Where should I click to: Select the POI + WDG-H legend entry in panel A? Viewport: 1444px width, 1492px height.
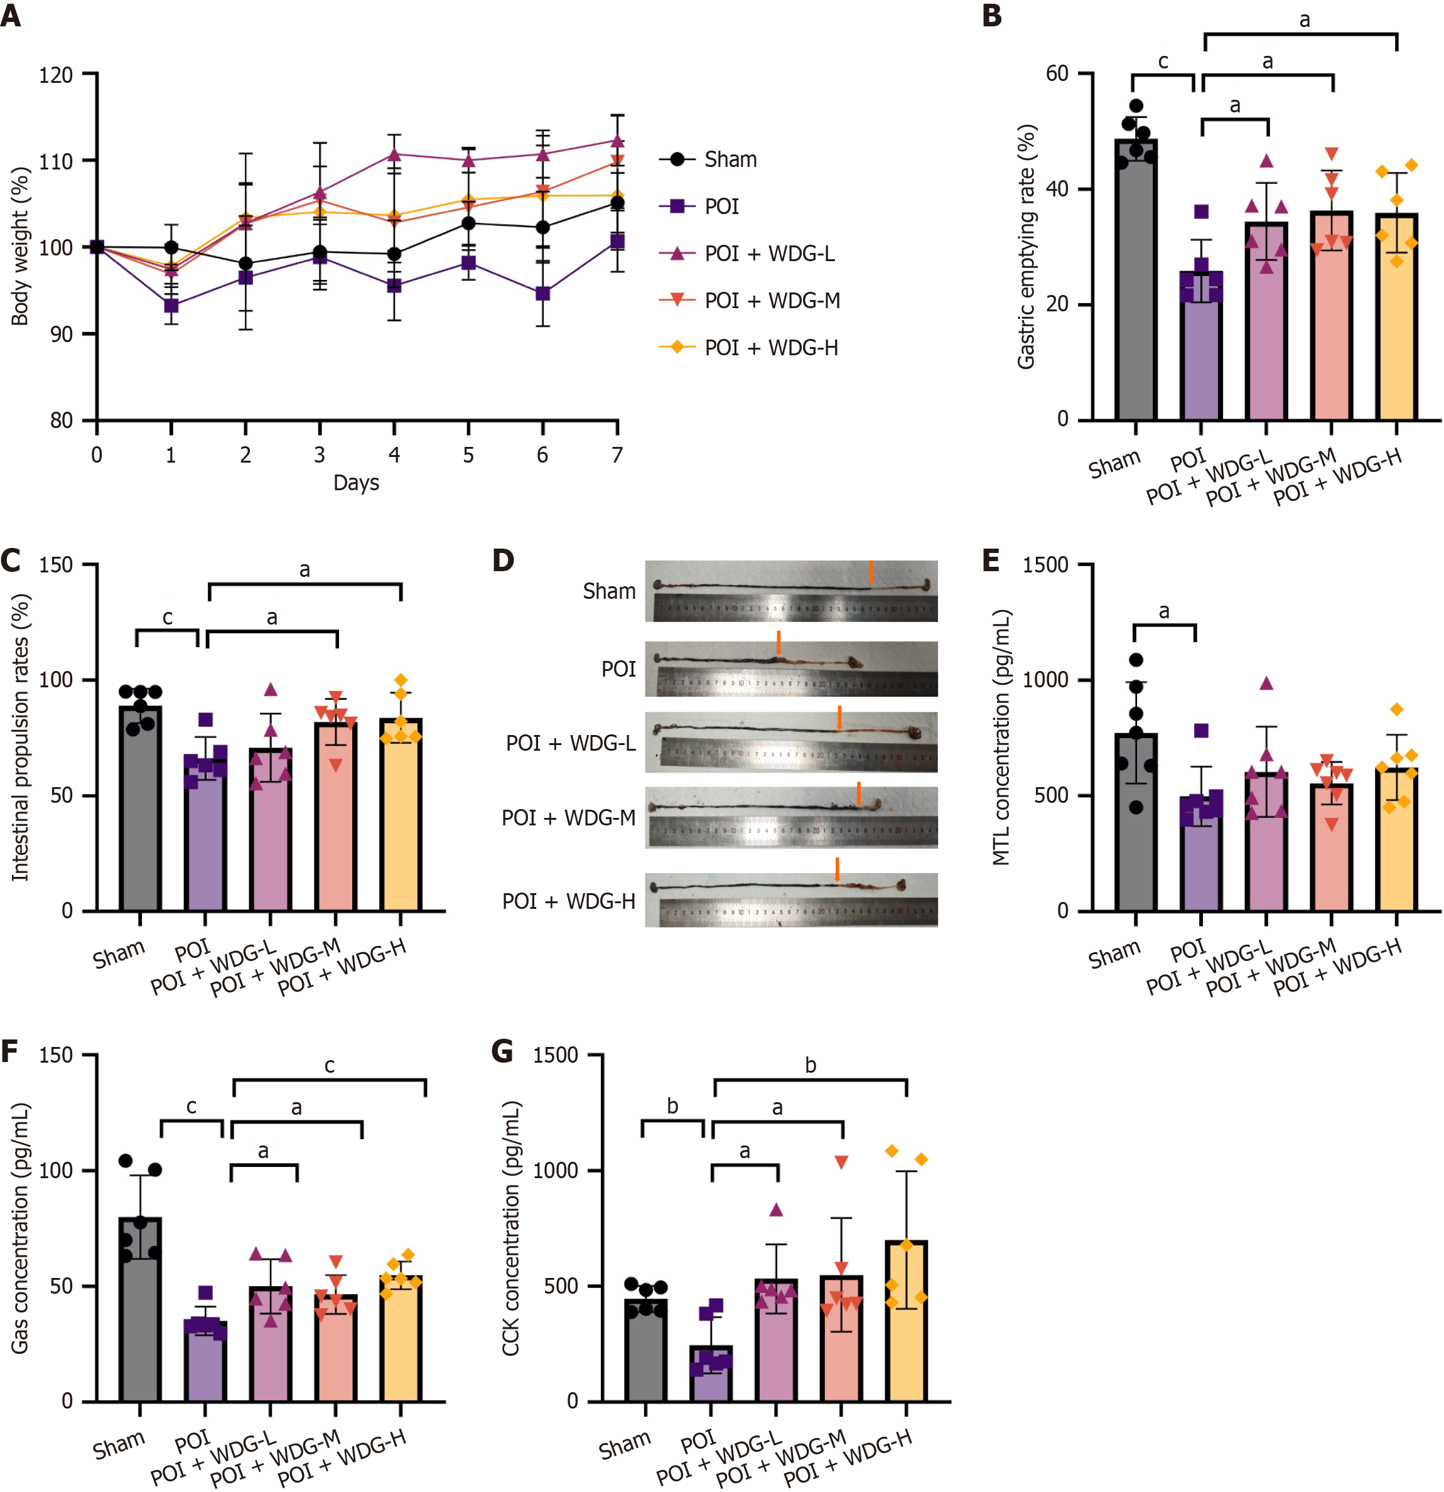pyautogui.click(x=770, y=348)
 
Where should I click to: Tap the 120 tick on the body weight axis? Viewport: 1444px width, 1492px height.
pyautogui.click(x=56, y=75)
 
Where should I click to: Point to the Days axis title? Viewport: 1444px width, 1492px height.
pyautogui.click(x=356, y=483)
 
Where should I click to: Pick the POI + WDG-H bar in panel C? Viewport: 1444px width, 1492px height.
pyautogui.click(x=401, y=815)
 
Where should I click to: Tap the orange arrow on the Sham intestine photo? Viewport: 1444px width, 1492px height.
pyautogui.click(x=871, y=572)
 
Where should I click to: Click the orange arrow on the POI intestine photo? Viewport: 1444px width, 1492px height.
pyautogui.click(x=778, y=641)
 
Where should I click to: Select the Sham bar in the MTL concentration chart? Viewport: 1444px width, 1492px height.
pyautogui.click(x=1135, y=822)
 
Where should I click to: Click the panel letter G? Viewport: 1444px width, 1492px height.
pyautogui.click(x=503, y=1052)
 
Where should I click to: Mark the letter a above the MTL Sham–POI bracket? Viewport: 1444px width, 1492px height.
pyautogui.click(x=1164, y=611)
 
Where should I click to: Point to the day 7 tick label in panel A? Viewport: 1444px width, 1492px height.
pyautogui.click(x=617, y=455)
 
